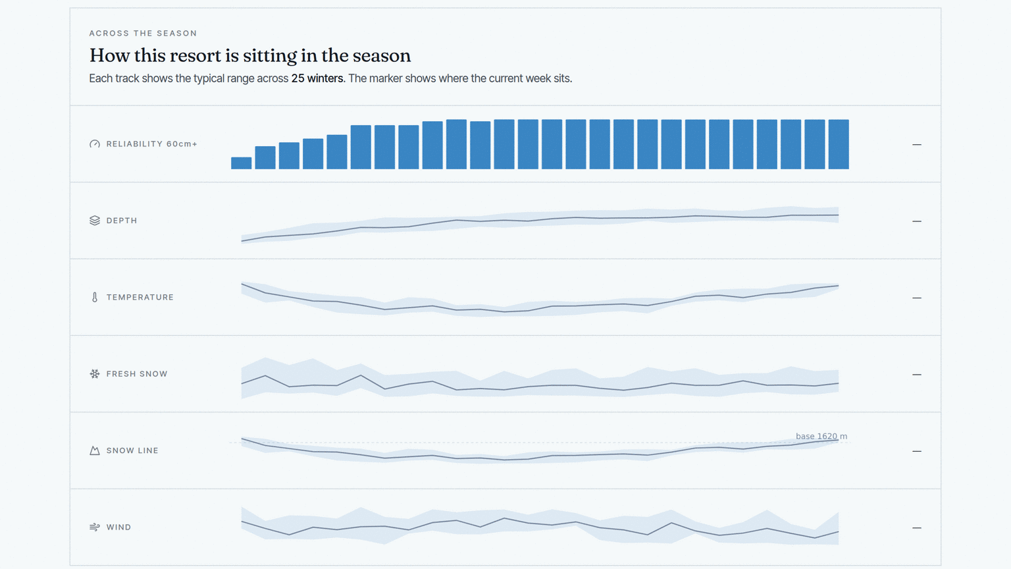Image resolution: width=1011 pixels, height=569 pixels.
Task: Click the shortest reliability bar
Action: pyautogui.click(x=241, y=163)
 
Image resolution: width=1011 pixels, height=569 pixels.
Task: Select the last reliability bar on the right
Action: pyautogui.click(x=839, y=144)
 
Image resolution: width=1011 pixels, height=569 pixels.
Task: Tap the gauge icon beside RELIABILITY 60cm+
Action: pyautogui.click(x=95, y=144)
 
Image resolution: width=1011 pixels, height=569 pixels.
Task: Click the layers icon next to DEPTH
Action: pyautogui.click(x=95, y=221)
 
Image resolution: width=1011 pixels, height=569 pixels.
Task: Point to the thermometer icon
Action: pyautogui.click(x=95, y=297)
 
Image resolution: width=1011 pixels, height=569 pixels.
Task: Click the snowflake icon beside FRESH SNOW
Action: pyautogui.click(x=95, y=374)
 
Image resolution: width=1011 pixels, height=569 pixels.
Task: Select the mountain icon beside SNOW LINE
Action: pyautogui.click(x=95, y=450)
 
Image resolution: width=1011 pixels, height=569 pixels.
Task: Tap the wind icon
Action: pyautogui.click(x=95, y=527)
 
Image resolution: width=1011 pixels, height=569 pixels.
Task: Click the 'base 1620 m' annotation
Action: pyautogui.click(x=821, y=436)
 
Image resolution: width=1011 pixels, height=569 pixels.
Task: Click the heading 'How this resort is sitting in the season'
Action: pyautogui.click(x=250, y=55)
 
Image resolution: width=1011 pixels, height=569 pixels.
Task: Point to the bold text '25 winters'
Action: pyautogui.click(x=317, y=78)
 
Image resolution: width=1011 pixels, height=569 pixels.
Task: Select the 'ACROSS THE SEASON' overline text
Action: pyautogui.click(x=143, y=34)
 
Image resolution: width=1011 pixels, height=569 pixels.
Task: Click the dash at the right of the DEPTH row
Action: pyautogui.click(x=917, y=221)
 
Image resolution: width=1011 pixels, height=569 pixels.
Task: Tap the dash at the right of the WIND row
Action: pyautogui.click(x=917, y=528)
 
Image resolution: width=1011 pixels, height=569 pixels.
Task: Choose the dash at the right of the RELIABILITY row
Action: pyautogui.click(x=917, y=144)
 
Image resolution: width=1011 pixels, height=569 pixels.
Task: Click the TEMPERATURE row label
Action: pyautogui.click(x=140, y=297)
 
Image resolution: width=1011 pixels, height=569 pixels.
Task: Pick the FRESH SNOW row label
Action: pyautogui.click(x=137, y=374)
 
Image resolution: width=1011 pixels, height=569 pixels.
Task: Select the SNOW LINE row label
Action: pyautogui.click(x=132, y=450)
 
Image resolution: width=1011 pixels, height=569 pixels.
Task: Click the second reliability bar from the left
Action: pyautogui.click(x=265, y=157)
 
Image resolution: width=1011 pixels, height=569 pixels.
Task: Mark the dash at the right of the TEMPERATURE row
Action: pyautogui.click(x=917, y=298)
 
